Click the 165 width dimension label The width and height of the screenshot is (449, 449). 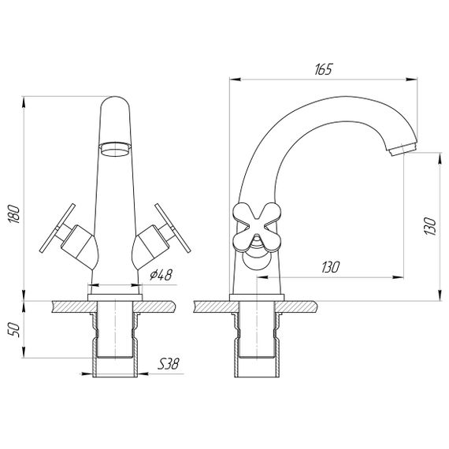click(321, 69)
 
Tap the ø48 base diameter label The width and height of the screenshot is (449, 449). click(160, 275)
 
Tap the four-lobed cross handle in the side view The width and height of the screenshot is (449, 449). click(254, 225)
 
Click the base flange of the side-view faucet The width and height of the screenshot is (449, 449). click(254, 296)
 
